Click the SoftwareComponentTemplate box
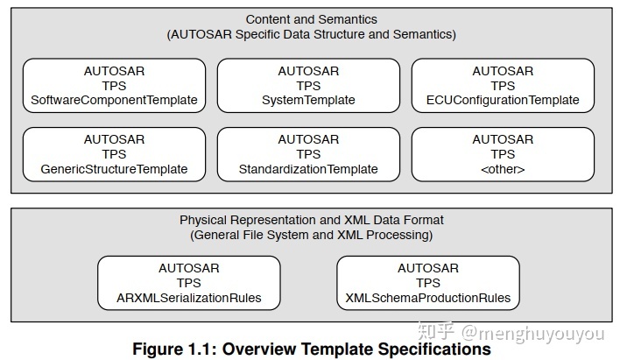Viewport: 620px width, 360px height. coord(114,85)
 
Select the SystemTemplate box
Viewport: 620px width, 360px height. coord(308,85)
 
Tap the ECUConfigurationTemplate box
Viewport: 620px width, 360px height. coord(503,85)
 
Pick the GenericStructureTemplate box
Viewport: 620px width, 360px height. coord(114,154)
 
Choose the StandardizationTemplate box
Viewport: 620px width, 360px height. coord(308,154)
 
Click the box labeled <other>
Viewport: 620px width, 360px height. coord(503,154)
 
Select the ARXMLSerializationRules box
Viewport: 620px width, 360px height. coord(188,283)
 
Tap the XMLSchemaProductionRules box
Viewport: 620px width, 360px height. coord(427,283)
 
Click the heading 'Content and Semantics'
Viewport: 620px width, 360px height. coord(311,19)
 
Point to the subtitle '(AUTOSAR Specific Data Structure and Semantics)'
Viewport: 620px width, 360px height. coord(311,34)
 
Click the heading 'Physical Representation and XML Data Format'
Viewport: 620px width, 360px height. coord(311,220)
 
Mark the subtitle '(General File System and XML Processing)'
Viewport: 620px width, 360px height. coord(311,235)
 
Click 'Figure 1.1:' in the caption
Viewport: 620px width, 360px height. coord(173,349)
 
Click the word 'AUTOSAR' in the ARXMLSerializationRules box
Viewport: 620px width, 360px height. coord(188,268)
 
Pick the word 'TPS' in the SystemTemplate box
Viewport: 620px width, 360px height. coord(308,86)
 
